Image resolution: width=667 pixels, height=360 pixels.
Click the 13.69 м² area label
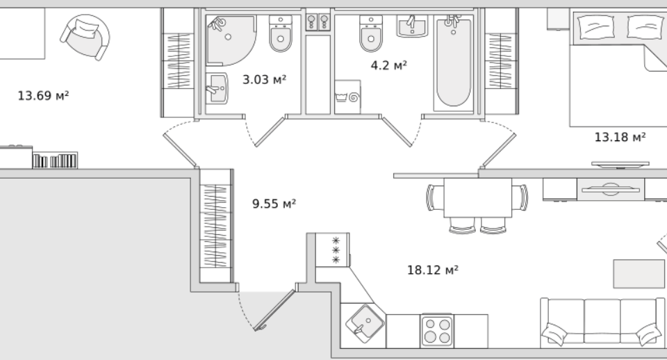coord(43,95)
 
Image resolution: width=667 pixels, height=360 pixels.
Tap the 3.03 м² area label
coord(264,79)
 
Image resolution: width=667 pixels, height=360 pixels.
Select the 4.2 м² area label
coord(389,65)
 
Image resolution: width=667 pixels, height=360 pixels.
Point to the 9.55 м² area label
coord(274,204)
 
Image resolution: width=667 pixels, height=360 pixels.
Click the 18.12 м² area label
coord(433,270)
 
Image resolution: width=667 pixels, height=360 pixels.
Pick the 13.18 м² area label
coord(620,137)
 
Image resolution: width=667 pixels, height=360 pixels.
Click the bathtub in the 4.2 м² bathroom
coord(454,63)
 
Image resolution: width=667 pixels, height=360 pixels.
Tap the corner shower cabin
coord(230,41)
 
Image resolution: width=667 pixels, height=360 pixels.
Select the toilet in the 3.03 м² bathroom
coord(280,33)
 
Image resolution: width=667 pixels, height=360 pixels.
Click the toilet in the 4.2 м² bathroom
coord(371,33)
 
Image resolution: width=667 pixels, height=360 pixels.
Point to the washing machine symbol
coord(347,97)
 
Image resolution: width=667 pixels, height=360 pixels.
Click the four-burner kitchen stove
coord(437,331)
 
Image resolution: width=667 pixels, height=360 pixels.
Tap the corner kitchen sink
coord(365,324)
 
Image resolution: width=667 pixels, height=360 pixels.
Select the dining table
coord(478,198)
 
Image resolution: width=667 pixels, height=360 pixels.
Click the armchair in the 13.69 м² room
coord(85,37)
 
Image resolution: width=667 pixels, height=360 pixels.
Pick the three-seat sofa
coord(602,322)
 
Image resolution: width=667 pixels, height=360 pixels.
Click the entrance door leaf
coord(275,310)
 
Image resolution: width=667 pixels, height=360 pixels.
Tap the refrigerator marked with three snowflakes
coord(333,249)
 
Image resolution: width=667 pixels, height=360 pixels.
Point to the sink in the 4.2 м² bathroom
coord(412,26)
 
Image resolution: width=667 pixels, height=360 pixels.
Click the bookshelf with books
coord(56,161)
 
